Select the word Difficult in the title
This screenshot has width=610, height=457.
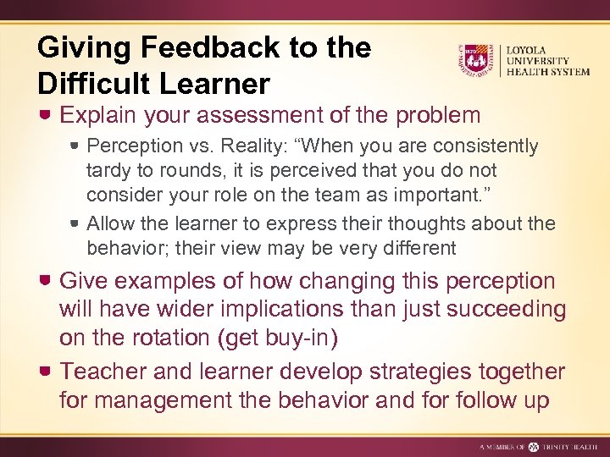pyautogui.click(x=100, y=83)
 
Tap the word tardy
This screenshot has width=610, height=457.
pyautogui.click(x=108, y=171)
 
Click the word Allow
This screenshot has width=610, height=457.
pyautogui.click(x=109, y=223)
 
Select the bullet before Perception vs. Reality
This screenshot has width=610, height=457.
pyautogui.click(x=75, y=146)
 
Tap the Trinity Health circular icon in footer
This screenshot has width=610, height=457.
pyautogui.click(x=534, y=446)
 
